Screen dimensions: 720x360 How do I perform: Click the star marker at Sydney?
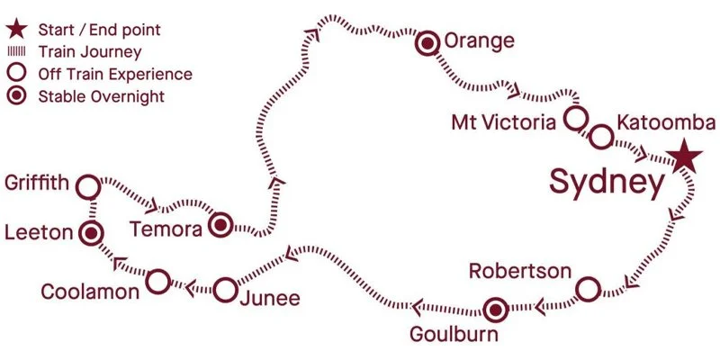point(685,157)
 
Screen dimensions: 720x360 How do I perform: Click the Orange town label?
point(480,41)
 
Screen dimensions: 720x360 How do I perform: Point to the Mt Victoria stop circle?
point(575,118)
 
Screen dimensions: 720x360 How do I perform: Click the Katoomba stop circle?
point(600,136)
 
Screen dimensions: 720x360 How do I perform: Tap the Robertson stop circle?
point(587,290)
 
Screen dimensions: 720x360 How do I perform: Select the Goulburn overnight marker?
point(493,311)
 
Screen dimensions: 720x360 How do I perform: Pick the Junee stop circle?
point(225,290)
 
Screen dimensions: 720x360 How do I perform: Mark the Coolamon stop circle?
point(157,281)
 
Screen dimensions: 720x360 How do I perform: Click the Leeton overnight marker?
point(90,234)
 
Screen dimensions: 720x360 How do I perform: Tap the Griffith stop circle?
point(87,186)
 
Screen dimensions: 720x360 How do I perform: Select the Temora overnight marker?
point(220,225)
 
